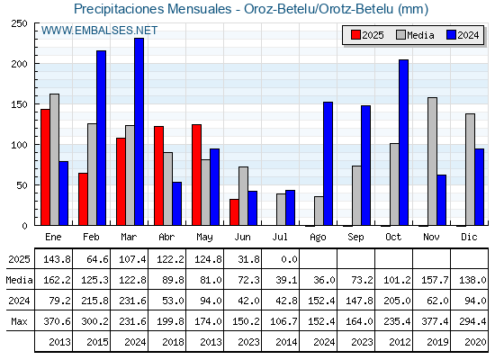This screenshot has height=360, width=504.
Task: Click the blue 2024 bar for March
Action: (139, 131)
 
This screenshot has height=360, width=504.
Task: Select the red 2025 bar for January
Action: (45, 167)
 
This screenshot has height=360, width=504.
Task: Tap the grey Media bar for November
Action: (432, 161)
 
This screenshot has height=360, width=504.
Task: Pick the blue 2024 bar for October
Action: (404, 142)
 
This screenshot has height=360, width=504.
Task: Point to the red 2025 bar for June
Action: (234, 212)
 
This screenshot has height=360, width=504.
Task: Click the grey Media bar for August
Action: (319, 211)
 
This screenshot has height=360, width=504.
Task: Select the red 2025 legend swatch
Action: (355, 35)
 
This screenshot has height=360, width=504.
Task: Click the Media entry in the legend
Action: (415, 35)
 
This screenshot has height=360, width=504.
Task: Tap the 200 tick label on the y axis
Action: (19, 64)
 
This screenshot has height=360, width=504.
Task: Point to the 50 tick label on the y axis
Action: (22, 185)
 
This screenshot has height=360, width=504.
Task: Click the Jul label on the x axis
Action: (280, 237)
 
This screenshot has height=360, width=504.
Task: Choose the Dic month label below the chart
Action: (469, 237)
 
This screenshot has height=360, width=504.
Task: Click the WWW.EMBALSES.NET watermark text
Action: (99, 31)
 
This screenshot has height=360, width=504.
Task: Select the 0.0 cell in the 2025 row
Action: (289, 259)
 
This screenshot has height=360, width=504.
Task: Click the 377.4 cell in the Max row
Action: (435, 321)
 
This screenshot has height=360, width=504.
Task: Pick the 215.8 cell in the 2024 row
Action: (94, 301)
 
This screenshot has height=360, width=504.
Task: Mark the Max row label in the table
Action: (19, 321)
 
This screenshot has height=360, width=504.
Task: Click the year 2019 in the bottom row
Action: (437, 342)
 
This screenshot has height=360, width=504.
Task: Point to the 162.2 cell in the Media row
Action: (57, 280)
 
